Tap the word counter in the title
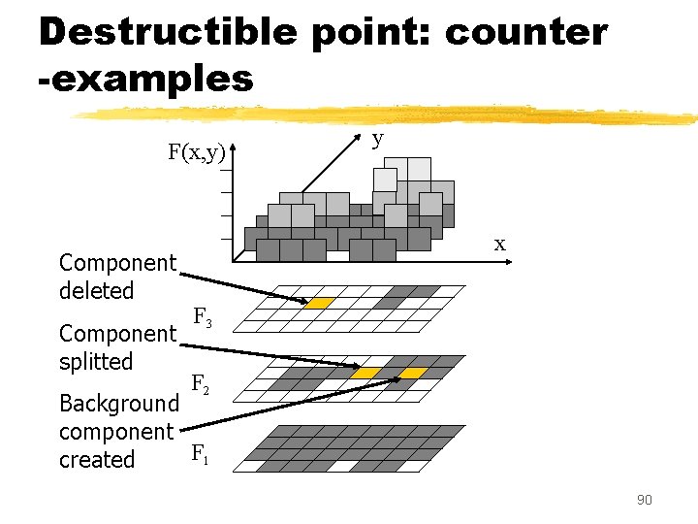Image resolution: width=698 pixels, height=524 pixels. coord(525,32)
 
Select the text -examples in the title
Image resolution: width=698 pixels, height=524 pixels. coord(145,78)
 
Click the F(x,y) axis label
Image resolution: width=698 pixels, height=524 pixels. coord(196,152)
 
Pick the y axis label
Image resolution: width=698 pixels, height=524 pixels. coord(378,139)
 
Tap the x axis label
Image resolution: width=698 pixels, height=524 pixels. coord(499,244)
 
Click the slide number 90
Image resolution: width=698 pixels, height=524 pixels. coord(644,500)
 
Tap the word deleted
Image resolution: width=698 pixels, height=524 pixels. coord(96,290)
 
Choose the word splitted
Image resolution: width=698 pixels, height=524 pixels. coord(95,361)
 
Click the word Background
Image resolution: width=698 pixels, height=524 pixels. coord(118,403)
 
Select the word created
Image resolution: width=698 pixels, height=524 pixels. coord(97,459)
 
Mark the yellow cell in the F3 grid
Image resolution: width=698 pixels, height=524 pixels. coord(319,303)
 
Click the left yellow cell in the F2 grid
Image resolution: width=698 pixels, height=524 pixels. coord(365,374)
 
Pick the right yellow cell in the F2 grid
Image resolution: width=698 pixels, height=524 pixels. coord(414,374)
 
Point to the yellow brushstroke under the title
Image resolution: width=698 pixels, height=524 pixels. coord(388,115)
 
